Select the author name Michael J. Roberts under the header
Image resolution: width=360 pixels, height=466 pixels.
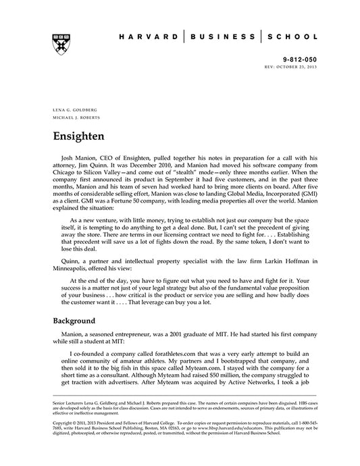pos(72,116)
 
